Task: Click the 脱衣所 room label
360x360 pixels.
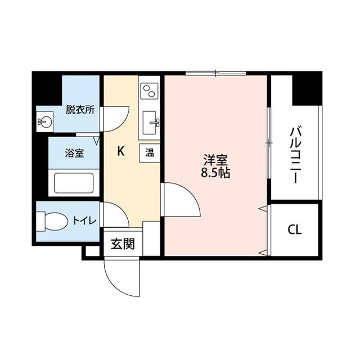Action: pos(79,110)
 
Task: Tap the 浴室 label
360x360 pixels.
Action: pos(74,152)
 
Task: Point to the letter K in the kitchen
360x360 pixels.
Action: pos(120,151)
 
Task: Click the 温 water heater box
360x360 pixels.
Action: pos(150,153)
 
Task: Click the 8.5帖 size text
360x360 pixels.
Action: pos(215,173)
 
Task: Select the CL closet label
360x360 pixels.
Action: pos(294,229)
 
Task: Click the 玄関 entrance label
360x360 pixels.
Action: pos(122,244)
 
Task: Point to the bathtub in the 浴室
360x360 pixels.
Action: pos(74,183)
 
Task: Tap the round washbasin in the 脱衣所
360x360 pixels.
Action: pos(44,121)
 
